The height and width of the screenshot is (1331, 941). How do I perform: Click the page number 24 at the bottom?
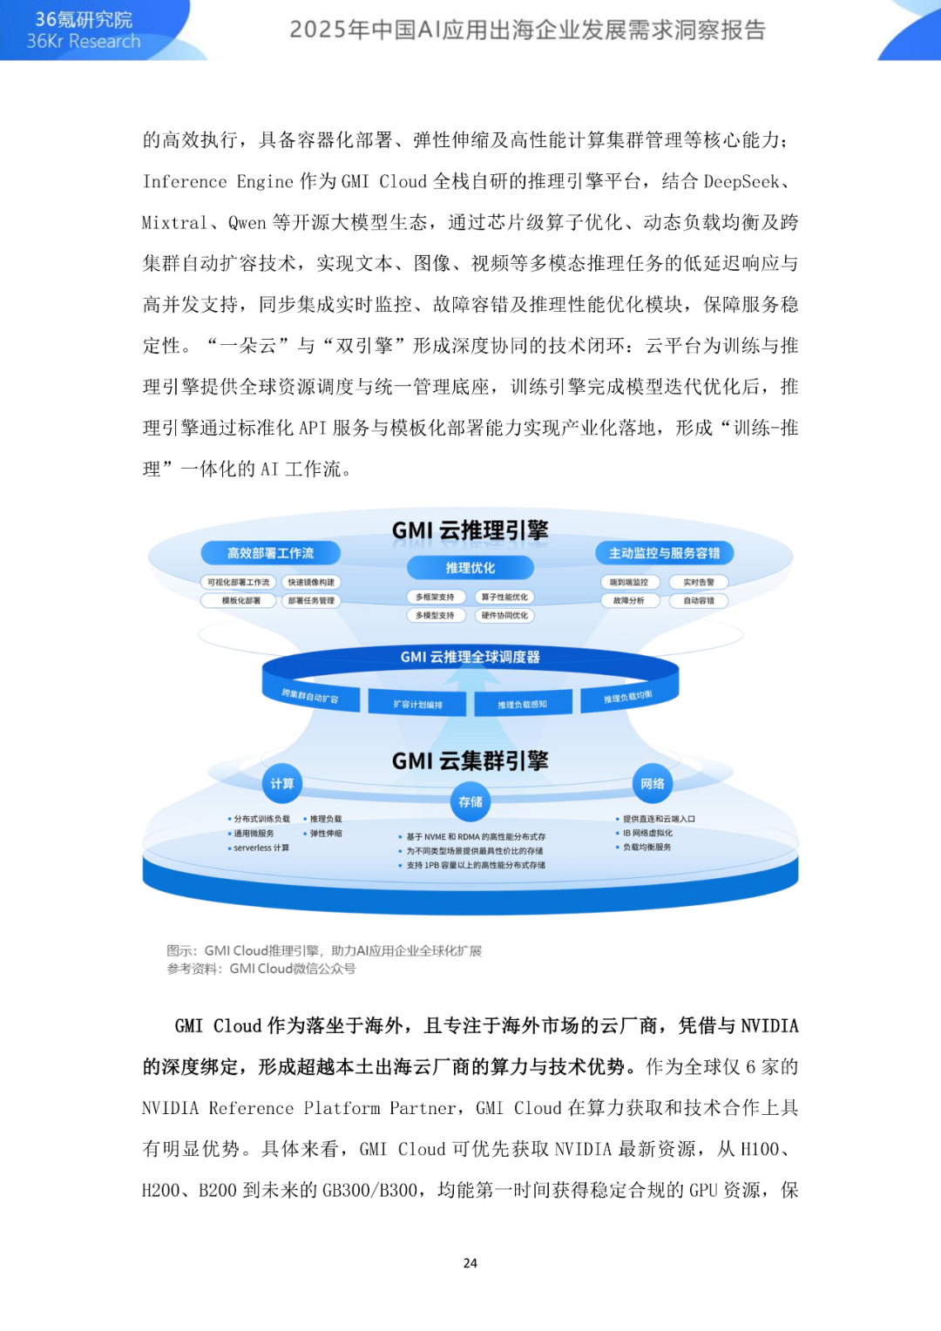click(x=470, y=1263)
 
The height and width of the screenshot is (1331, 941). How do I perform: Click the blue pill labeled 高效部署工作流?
click(x=270, y=553)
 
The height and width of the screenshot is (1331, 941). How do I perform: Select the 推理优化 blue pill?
click(x=470, y=568)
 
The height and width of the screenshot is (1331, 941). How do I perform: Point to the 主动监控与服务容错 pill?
click(x=664, y=553)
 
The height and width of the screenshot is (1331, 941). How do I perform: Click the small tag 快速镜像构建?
click(x=311, y=583)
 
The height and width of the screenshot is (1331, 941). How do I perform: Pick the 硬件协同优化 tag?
click(x=504, y=616)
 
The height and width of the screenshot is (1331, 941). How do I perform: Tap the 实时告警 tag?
click(x=698, y=583)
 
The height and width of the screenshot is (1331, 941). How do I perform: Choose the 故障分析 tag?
click(x=629, y=601)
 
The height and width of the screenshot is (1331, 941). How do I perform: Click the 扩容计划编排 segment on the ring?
click(x=417, y=704)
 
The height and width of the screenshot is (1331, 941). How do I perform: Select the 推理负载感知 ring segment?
click(x=522, y=704)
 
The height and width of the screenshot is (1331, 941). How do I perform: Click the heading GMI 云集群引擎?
click(x=470, y=761)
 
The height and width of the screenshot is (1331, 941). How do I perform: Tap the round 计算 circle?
click(x=281, y=784)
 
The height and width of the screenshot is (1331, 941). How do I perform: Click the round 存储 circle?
click(x=470, y=801)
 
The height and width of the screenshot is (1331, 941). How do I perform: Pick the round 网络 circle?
click(x=653, y=784)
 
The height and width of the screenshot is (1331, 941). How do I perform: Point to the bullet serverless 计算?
click(x=261, y=848)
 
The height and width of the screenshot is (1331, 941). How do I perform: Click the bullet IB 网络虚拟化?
click(x=647, y=834)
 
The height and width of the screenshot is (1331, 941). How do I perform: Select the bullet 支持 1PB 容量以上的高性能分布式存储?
click(x=475, y=866)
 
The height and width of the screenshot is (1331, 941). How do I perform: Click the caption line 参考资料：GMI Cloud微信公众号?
click(x=261, y=969)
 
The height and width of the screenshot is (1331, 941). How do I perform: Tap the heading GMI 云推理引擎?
click(x=470, y=530)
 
